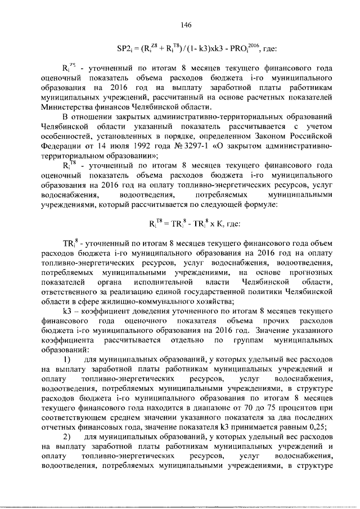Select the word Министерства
tap(67, 106)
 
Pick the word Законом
tap(256, 137)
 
